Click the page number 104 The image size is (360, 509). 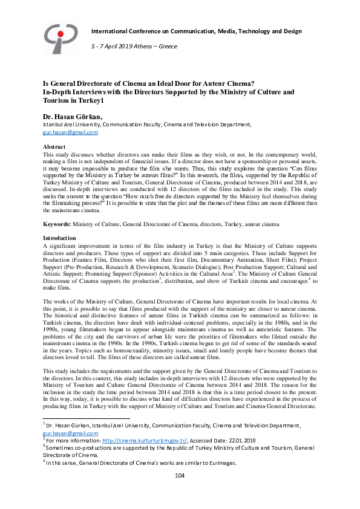pos(180,476)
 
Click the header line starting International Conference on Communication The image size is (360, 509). pos(196,31)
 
